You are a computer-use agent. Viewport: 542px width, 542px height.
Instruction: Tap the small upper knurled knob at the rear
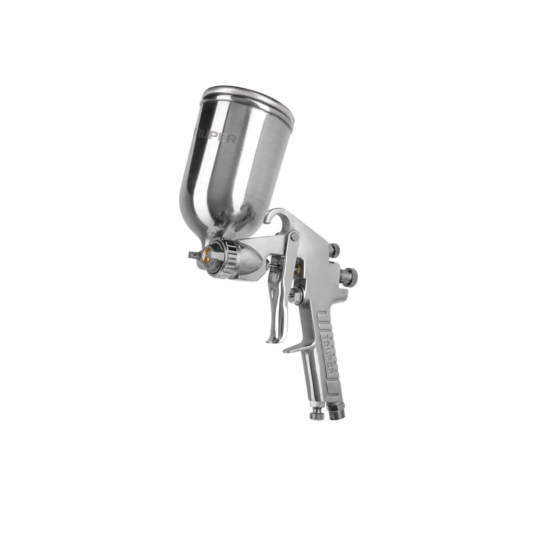[x=336, y=249]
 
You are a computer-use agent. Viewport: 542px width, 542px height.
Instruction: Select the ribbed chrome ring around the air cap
[x=230, y=251]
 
